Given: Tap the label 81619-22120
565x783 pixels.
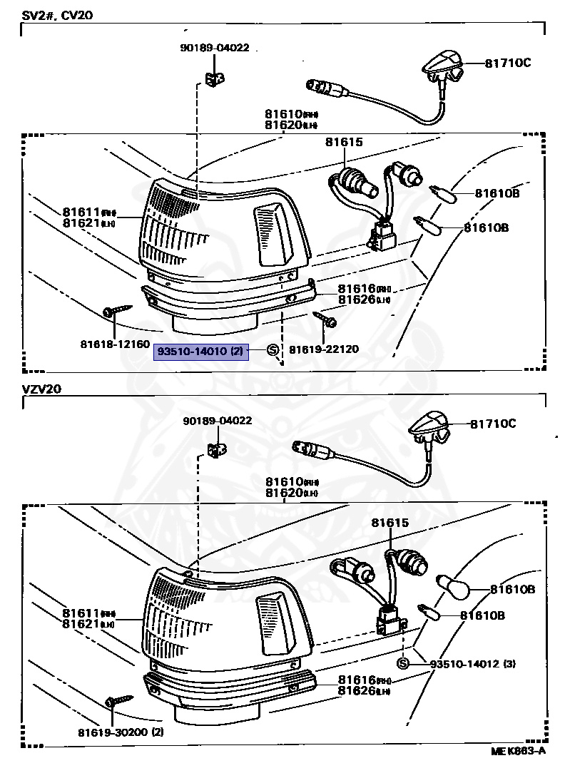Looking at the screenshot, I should (x=324, y=349).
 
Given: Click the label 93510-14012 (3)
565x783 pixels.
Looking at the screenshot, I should (x=473, y=664).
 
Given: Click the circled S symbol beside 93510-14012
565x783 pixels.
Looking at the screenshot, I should (x=402, y=664).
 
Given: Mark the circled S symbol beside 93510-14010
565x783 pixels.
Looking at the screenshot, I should (x=273, y=349).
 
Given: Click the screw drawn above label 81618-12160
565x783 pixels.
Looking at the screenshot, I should (x=116, y=310).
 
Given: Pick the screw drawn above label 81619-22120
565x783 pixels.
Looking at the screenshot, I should (x=325, y=319).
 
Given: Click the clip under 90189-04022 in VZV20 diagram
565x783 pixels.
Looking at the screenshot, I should (x=215, y=450).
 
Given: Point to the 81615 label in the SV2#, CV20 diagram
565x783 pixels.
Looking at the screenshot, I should (x=343, y=142).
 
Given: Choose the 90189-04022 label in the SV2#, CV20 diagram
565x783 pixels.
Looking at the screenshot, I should (x=214, y=48).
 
